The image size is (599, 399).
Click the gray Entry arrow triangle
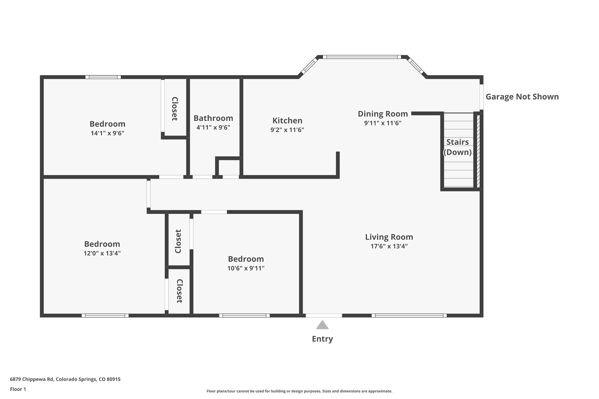pyautogui.click(x=322, y=325)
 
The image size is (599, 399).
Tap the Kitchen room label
pyautogui.click(x=287, y=120)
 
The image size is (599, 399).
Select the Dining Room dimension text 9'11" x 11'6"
pyautogui.click(x=383, y=123)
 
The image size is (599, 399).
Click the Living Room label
pyautogui.click(x=389, y=237)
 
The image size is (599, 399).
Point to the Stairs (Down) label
pyautogui.click(x=457, y=147)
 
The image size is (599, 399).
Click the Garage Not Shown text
pyautogui.click(x=522, y=97)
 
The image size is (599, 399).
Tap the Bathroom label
pyautogui.click(x=213, y=118)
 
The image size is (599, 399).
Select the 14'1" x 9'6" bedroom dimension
pyautogui.click(x=107, y=133)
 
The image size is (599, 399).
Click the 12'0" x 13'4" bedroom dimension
pyautogui.click(x=102, y=253)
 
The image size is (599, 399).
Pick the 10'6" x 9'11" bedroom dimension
pyautogui.click(x=246, y=268)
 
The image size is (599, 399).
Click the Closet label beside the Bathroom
pyautogui.click(x=175, y=109)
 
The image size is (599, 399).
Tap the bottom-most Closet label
pyautogui.click(x=179, y=291)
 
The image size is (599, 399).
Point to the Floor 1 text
pyautogui.click(x=18, y=389)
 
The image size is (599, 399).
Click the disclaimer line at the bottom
pyautogui.click(x=299, y=391)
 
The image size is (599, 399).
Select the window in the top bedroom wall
pyautogui.click(x=103, y=77)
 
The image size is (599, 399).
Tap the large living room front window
pyautogui.click(x=409, y=315)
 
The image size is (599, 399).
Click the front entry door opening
pyautogui.click(x=324, y=315)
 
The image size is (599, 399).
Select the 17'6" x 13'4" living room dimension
pyautogui.click(x=389, y=246)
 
